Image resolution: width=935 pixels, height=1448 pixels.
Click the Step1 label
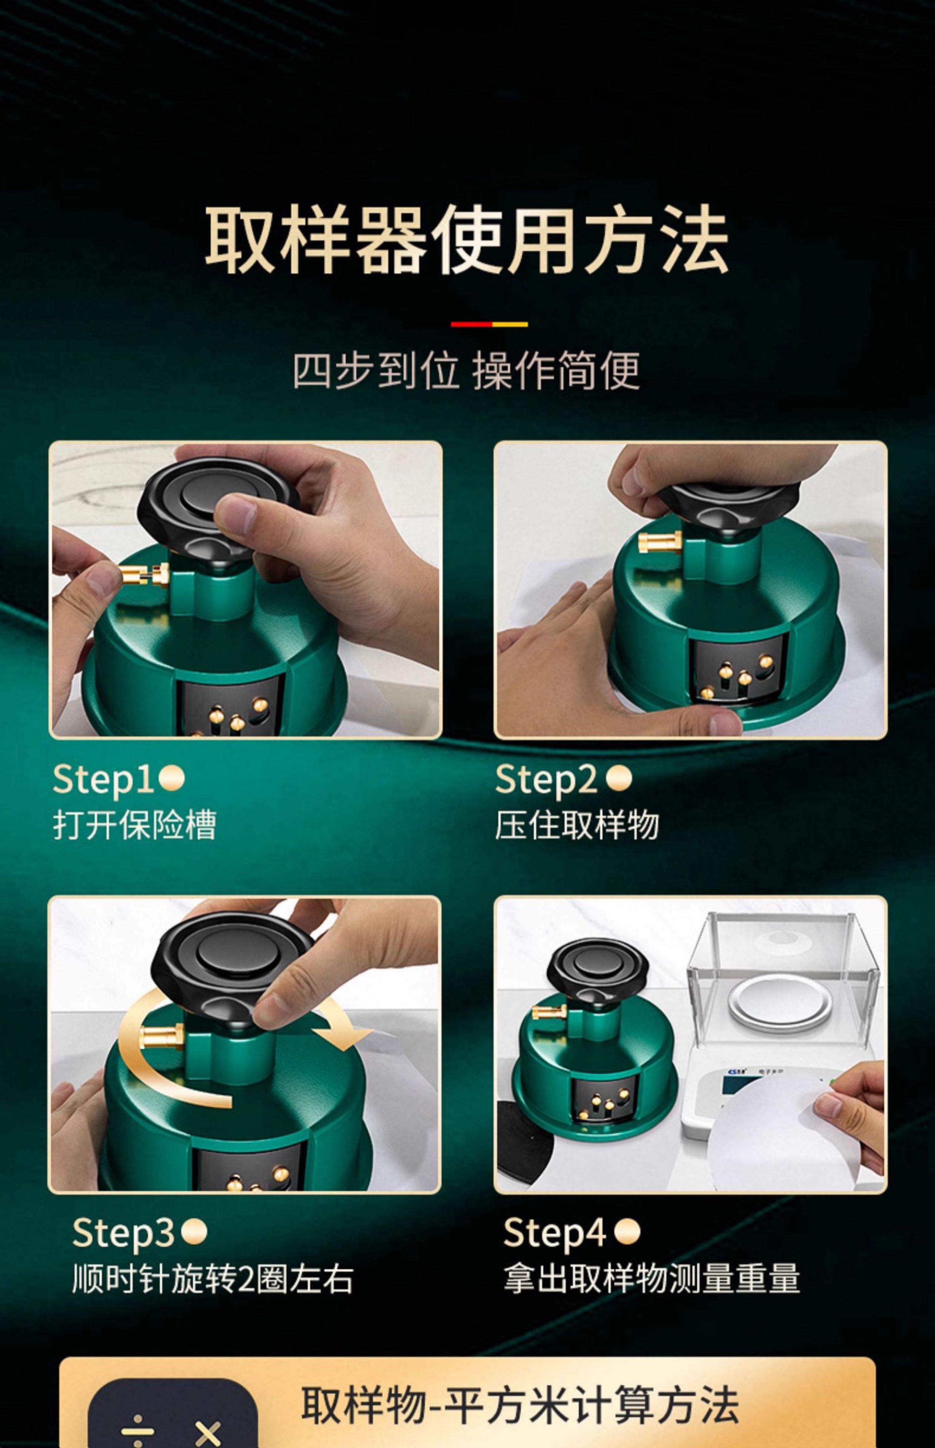tap(103, 779)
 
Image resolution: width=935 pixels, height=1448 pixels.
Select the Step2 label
tap(546, 779)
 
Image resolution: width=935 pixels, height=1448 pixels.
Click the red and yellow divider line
tap(489, 324)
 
